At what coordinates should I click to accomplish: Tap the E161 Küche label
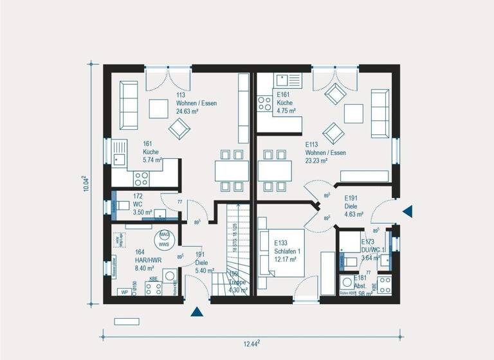pyautogui.click(x=286, y=103)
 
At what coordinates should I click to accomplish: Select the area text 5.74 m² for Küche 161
pyautogui.click(x=152, y=159)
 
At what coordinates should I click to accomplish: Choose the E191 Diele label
pyautogui.click(x=354, y=206)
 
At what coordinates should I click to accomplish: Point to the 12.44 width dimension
pyautogui.click(x=251, y=344)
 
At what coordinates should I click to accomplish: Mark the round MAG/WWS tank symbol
pyautogui.click(x=165, y=239)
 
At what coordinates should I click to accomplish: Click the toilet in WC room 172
pyautogui.click(x=122, y=206)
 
